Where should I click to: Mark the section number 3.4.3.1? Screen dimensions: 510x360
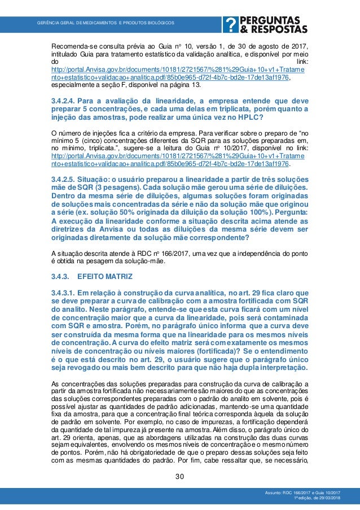click(63, 293)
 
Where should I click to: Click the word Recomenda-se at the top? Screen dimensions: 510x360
click(73, 46)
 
